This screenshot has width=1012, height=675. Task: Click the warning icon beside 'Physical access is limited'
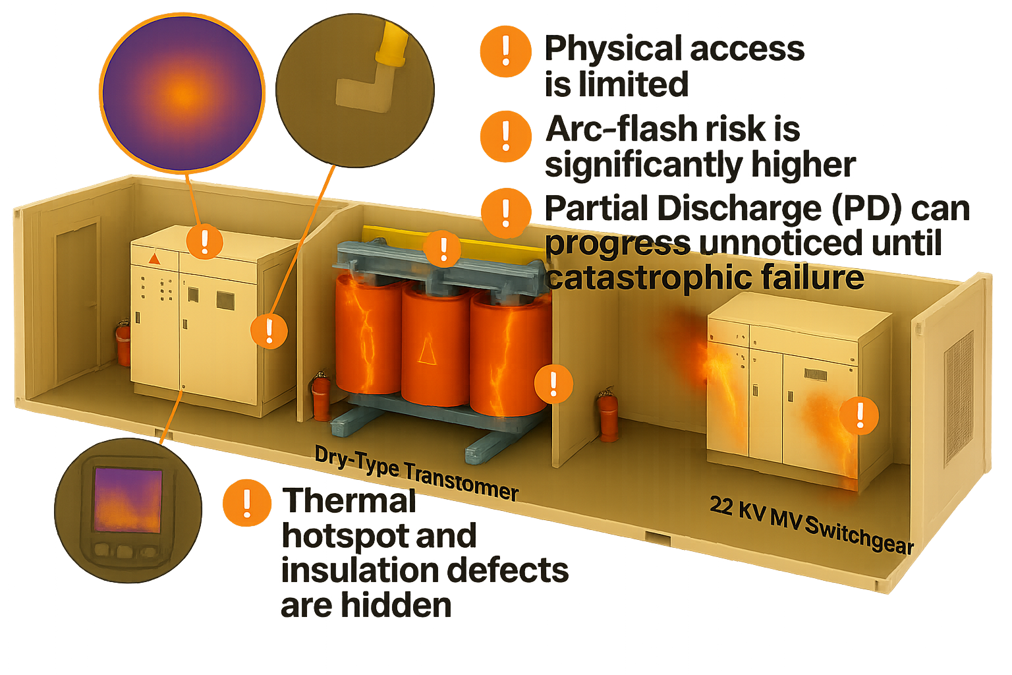click(x=505, y=51)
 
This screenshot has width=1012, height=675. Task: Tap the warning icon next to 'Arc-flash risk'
click(x=505, y=136)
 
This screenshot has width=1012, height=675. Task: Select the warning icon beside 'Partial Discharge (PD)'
click(x=506, y=214)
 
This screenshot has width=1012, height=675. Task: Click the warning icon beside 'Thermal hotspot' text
click(x=247, y=502)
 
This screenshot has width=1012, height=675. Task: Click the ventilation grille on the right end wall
click(x=958, y=399)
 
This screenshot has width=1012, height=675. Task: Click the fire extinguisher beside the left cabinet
click(x=123, y=342)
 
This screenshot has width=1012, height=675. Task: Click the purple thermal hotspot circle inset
click(x=182, y=93)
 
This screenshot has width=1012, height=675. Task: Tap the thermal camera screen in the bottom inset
click(x=128, y=500)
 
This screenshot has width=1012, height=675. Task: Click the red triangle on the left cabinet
click(x=155, y=259)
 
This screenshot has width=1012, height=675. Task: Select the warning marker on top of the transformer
click(x=443, y=249)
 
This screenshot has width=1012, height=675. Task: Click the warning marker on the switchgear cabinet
click(x=859, y=416)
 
